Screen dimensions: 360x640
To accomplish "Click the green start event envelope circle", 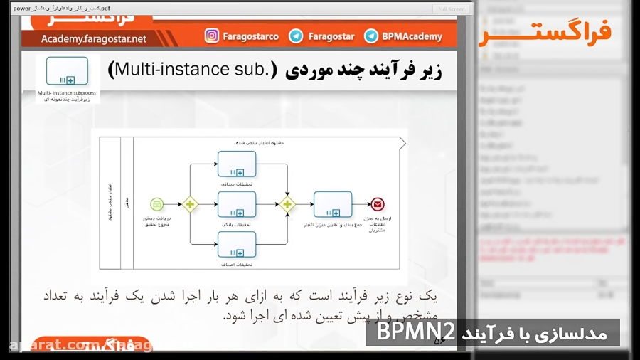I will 157,204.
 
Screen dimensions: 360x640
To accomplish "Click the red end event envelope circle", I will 377,204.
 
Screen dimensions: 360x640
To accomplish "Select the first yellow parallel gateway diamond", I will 189,204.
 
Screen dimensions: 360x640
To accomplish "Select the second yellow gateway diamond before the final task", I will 287,204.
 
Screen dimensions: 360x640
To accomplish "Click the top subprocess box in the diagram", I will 237,164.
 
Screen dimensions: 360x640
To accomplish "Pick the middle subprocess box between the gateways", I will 237,204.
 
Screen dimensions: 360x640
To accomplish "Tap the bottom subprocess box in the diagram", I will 237,244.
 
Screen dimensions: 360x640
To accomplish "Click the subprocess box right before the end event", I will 332,204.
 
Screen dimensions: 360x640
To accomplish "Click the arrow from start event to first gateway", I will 173,204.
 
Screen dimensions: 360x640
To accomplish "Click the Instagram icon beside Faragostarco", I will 212,36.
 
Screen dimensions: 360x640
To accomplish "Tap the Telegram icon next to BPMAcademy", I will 370,36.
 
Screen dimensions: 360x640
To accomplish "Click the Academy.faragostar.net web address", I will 93,38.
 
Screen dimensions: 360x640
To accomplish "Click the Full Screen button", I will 452,9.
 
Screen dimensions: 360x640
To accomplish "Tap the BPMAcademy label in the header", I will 412,36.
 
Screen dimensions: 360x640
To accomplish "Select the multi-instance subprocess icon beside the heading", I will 67,71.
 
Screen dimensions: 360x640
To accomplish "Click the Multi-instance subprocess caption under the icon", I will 67,92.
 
